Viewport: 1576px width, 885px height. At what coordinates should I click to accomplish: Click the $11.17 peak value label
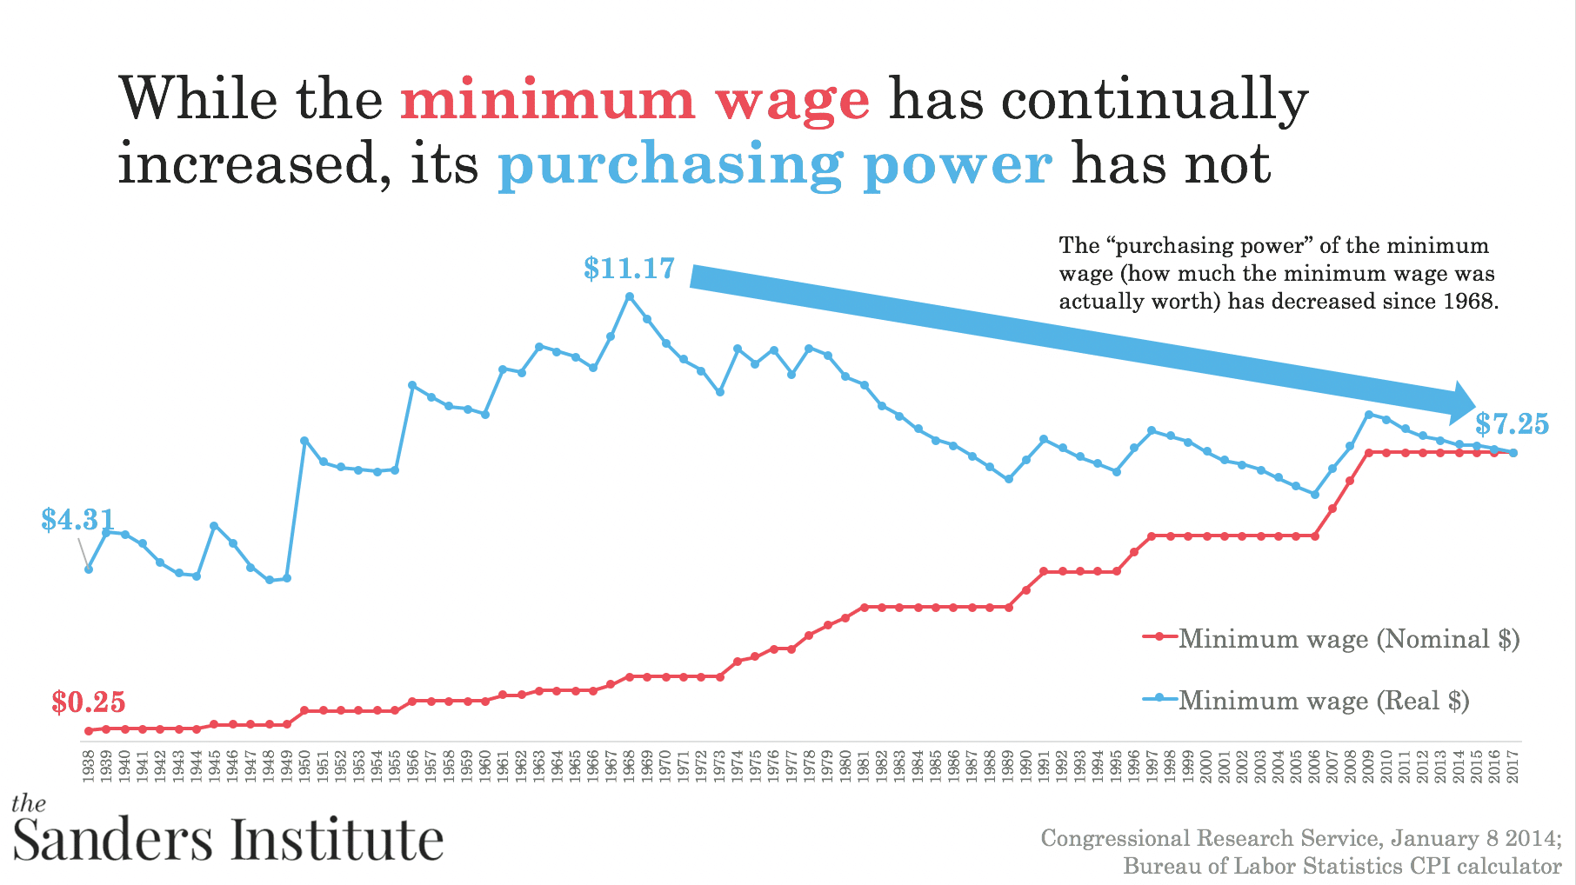(x=629, y=269)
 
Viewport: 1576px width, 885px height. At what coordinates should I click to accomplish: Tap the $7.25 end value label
(x=1512, y=424)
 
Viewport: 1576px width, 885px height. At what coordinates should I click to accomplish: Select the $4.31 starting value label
(x=77, y=520)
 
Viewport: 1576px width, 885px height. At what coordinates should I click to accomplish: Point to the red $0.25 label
(x=88, y=702)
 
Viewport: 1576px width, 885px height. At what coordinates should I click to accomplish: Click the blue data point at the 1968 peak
(x=630, y=296)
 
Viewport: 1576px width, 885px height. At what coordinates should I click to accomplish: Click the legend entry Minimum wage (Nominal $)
(x=1348, y=639)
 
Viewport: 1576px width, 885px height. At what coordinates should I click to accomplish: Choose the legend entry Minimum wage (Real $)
(x=1323, y=700)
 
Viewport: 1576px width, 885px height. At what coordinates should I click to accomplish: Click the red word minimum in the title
(x=547, y=99)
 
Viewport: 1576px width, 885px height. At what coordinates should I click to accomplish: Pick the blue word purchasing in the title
(x=670, y=164)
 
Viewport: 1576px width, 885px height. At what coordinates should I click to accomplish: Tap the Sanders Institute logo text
(x=228, y=839)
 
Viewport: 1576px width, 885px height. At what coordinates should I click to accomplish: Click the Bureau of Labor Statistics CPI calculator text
(x=1342, y=866)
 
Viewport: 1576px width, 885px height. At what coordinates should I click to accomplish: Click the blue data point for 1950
(x=304, y=441)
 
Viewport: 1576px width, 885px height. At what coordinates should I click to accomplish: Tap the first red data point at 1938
(x=88, y=731)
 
